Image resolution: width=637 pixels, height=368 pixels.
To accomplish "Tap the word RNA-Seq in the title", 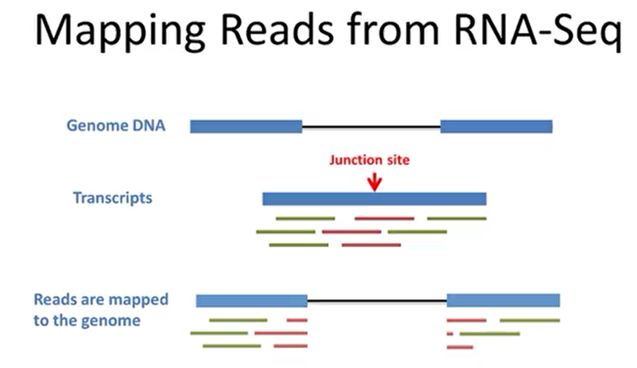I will tap(537, 31).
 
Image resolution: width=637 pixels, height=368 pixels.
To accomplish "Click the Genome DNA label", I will tap(116, 126).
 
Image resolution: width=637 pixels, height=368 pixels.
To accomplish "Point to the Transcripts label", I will tap(112, 198).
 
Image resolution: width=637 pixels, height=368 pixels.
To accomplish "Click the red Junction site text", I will tap(369, 160).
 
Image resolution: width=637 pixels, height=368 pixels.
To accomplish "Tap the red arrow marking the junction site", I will tap(375, 182).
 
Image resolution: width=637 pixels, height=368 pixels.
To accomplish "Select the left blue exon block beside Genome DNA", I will tap(246, 126).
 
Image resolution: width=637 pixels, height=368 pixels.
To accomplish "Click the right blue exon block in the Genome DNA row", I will tap(496, 126).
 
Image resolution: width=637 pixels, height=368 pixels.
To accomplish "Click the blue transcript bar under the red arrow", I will tap(374, 199).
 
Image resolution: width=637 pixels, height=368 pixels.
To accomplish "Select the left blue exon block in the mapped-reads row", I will tap(251, 301).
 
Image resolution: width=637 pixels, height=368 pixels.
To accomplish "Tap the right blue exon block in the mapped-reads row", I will tap(503, 300).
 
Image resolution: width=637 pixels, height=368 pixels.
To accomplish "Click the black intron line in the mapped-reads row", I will tap(377, 301).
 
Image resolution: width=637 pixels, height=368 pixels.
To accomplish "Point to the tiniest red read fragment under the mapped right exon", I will tap(450, 334).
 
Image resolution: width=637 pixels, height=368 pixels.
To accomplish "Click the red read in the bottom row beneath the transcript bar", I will tap(371, 245).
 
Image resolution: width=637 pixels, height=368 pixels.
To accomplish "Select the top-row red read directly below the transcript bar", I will tap(384, 219).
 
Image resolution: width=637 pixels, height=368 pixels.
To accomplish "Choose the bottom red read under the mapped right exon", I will tap(460, 348).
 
